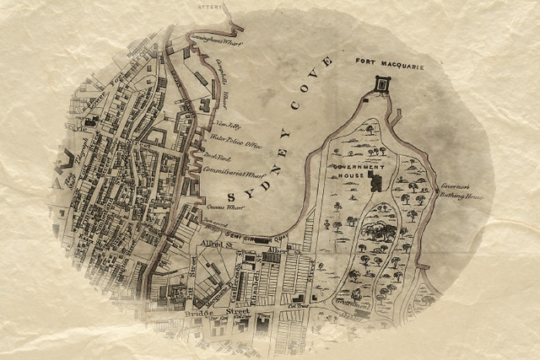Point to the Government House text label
tap(359, 168)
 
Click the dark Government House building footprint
tap(376, 181)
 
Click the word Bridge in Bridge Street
tap(199, 311)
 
